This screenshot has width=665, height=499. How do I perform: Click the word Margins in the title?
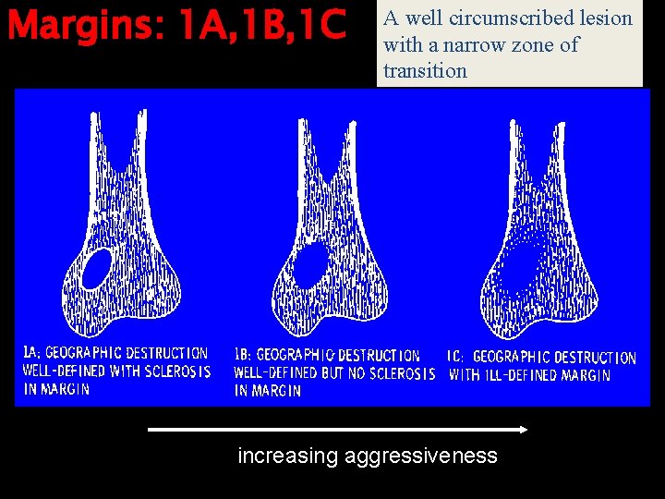pyautogui.click(x=81, y=25)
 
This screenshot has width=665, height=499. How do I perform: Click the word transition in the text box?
pyautogui.click(x=425, y=70)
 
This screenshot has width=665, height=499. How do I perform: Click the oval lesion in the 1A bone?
pyautogui.click(x=96, y=268)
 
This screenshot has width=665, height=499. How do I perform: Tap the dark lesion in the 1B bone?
pyautogui.click(x=308, y=264)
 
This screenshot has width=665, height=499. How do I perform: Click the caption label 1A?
pyautogui.click(x=30, y=352)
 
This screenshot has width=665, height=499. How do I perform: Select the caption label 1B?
pyautogui.click(x=243, y=355)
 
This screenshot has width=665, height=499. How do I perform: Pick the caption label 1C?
pyautogui.click(x=456, y=357)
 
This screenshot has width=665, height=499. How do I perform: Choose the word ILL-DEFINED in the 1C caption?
pyautogui.click(x=521, y=375)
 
